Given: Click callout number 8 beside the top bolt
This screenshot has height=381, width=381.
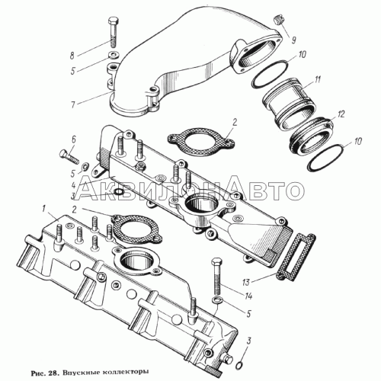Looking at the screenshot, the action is click(72, 56).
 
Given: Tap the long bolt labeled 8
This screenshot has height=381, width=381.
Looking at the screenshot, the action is click(114, 32).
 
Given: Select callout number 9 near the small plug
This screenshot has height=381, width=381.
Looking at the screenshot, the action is click(293, 40).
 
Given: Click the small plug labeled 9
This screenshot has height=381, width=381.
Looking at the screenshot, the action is click(279, 20).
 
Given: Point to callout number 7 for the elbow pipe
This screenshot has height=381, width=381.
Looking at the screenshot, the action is click(73, 104).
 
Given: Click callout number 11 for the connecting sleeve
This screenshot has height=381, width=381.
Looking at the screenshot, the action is click(317, 79).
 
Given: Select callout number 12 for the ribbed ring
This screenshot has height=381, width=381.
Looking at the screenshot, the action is click(341, 114).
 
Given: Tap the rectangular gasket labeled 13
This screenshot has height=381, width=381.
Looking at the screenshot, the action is click(296, 258).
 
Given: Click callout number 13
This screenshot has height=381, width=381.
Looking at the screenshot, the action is click(246, 282).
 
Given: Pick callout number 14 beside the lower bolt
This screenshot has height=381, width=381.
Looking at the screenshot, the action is click(248, 296).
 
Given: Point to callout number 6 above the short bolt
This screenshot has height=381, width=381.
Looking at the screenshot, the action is click(73, 139).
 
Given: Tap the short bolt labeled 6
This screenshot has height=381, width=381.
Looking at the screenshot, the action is click(69, 156).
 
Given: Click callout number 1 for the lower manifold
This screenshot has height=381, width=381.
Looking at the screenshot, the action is click(43, 209).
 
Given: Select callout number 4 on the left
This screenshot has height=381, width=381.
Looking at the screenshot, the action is click(73, 184).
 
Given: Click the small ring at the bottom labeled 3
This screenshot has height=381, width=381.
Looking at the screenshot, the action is click(239, 365).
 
